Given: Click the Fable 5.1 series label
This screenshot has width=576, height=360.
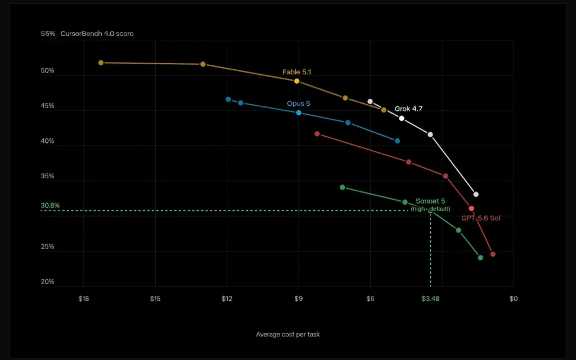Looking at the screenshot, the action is tap(296, 72).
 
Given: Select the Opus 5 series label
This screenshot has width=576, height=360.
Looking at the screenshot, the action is tap(298, 103).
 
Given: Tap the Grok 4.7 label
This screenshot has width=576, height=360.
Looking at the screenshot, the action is tap(408, 109).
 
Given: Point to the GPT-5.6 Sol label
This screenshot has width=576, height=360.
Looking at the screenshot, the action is tap(481, 218).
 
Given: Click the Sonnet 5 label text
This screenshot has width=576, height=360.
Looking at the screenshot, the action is tap(430, 201).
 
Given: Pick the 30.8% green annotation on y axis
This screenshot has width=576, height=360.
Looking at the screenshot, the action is tap(50, 205).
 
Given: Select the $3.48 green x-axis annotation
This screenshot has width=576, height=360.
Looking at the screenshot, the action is tap(430, 299).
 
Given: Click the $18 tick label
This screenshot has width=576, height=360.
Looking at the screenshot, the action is tap(84, 299).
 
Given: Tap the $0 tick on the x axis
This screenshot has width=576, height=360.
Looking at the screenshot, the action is tap(514, 299).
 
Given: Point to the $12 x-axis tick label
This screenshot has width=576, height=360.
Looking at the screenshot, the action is tap(227, 299).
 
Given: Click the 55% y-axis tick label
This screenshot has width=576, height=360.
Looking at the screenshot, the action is tap(48, 34).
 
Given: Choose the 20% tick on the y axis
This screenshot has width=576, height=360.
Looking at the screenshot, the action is tap(47, 282).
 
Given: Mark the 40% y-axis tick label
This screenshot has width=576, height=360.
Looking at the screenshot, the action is tap(47, 141).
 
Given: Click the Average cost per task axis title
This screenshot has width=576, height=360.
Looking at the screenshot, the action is tap(287, 334).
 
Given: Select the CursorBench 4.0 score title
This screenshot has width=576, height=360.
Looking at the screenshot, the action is tap(97, 34).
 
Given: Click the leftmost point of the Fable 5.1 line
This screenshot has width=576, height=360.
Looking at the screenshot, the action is tap(101, 63).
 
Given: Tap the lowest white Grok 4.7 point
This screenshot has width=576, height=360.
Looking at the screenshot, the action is tap(476, 194).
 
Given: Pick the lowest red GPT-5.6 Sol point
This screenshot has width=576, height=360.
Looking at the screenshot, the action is tap(493, 254).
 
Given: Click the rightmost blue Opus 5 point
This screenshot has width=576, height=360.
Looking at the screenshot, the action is tap(397, 141).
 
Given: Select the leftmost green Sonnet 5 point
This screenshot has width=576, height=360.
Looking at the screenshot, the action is tap(343, 187).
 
